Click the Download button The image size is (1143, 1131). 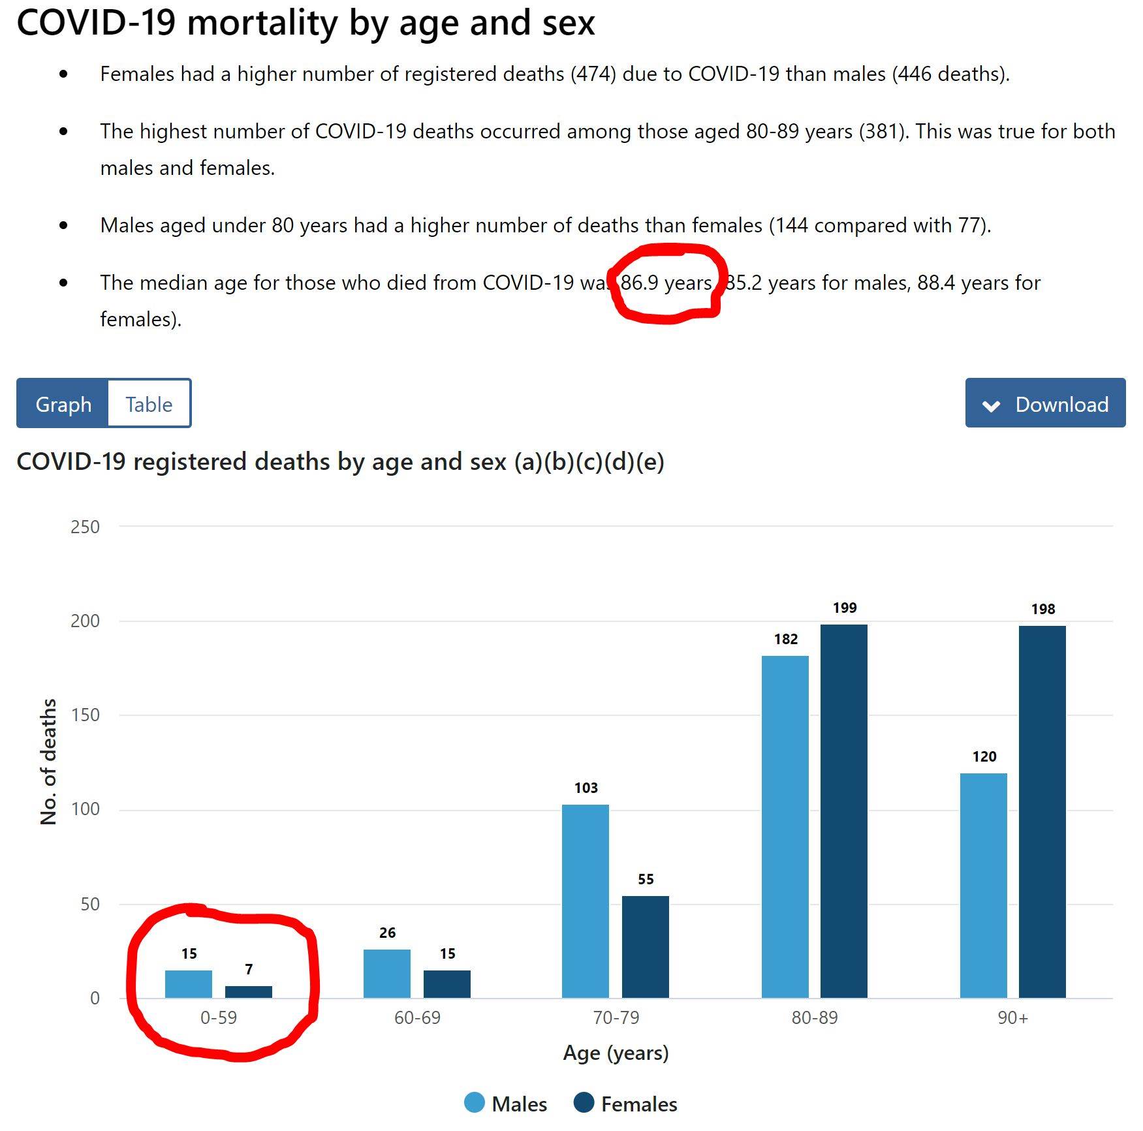pos(1044,403)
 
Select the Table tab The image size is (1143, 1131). pos(149,404)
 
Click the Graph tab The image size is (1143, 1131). pos(63,404)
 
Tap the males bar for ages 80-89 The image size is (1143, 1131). pos(785,826)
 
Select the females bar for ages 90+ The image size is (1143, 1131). pos(1042,811)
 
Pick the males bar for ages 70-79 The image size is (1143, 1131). pos(585,901)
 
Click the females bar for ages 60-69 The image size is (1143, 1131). pos(446,984)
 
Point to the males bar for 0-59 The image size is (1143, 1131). pos(188,984)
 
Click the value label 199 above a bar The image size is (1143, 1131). pos(844,608)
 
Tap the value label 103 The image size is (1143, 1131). pos(586,788)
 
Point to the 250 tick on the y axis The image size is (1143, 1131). pos(85,527)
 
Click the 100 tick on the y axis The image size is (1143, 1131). pos(85,809)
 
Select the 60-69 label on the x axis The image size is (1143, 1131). pos(417,1017)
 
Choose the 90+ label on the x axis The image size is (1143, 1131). pos(1012,1017)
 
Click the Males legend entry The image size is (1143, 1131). pos(506,1104)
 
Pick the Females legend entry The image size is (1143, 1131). pos(625,1104)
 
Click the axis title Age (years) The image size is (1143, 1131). pos(616,1053)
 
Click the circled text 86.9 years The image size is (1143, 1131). pos(665,283)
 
